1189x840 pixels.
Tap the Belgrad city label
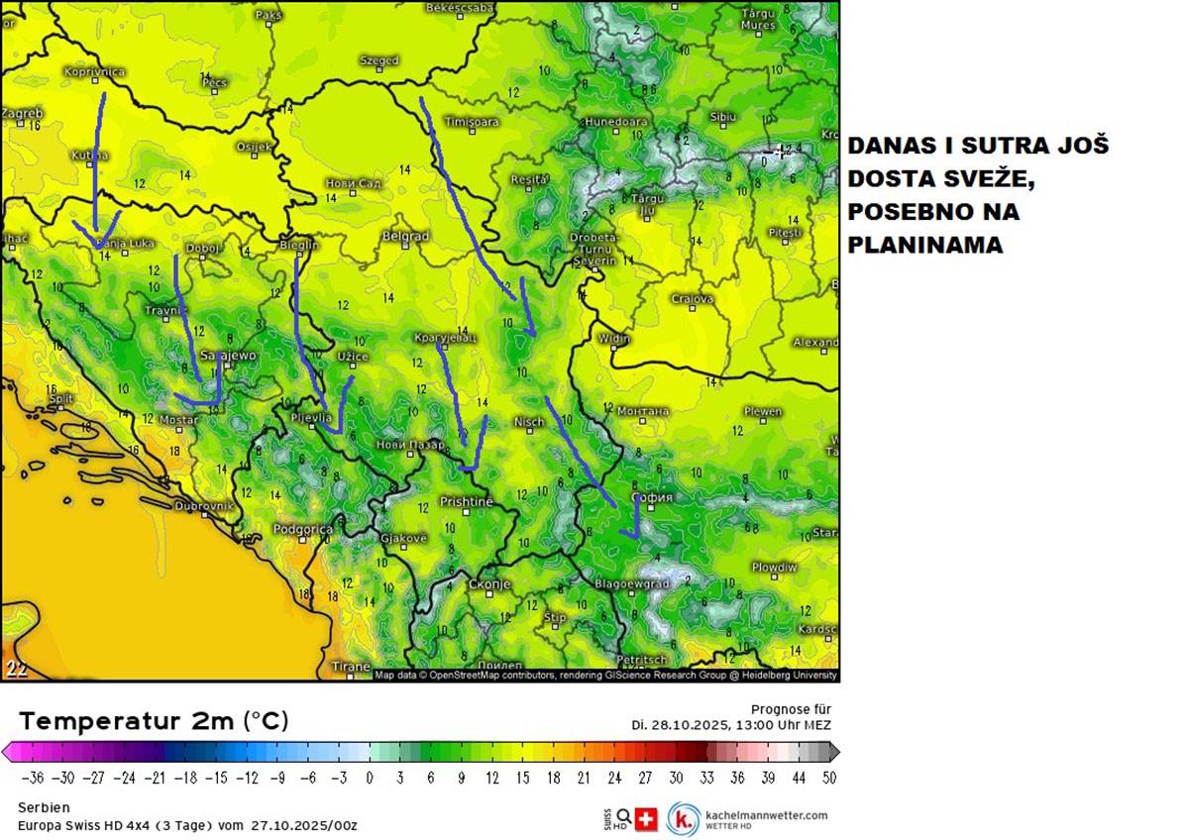(x=405, y=236)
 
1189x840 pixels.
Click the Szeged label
(x=378, y=60)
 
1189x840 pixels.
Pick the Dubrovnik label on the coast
(x=203, y=505)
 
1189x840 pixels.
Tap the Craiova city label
(x=692, y=298)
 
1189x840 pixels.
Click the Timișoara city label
(x=473, y=121)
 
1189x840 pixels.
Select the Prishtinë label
(x=466, y=502)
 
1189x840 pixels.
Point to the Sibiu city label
(x=723, y=117)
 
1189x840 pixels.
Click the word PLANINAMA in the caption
(x=923, y=245)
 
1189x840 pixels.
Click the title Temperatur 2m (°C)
(x=154, y=720)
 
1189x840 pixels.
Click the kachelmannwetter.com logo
(x=748, y=819)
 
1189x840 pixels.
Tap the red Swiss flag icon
(x=645, y=819)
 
